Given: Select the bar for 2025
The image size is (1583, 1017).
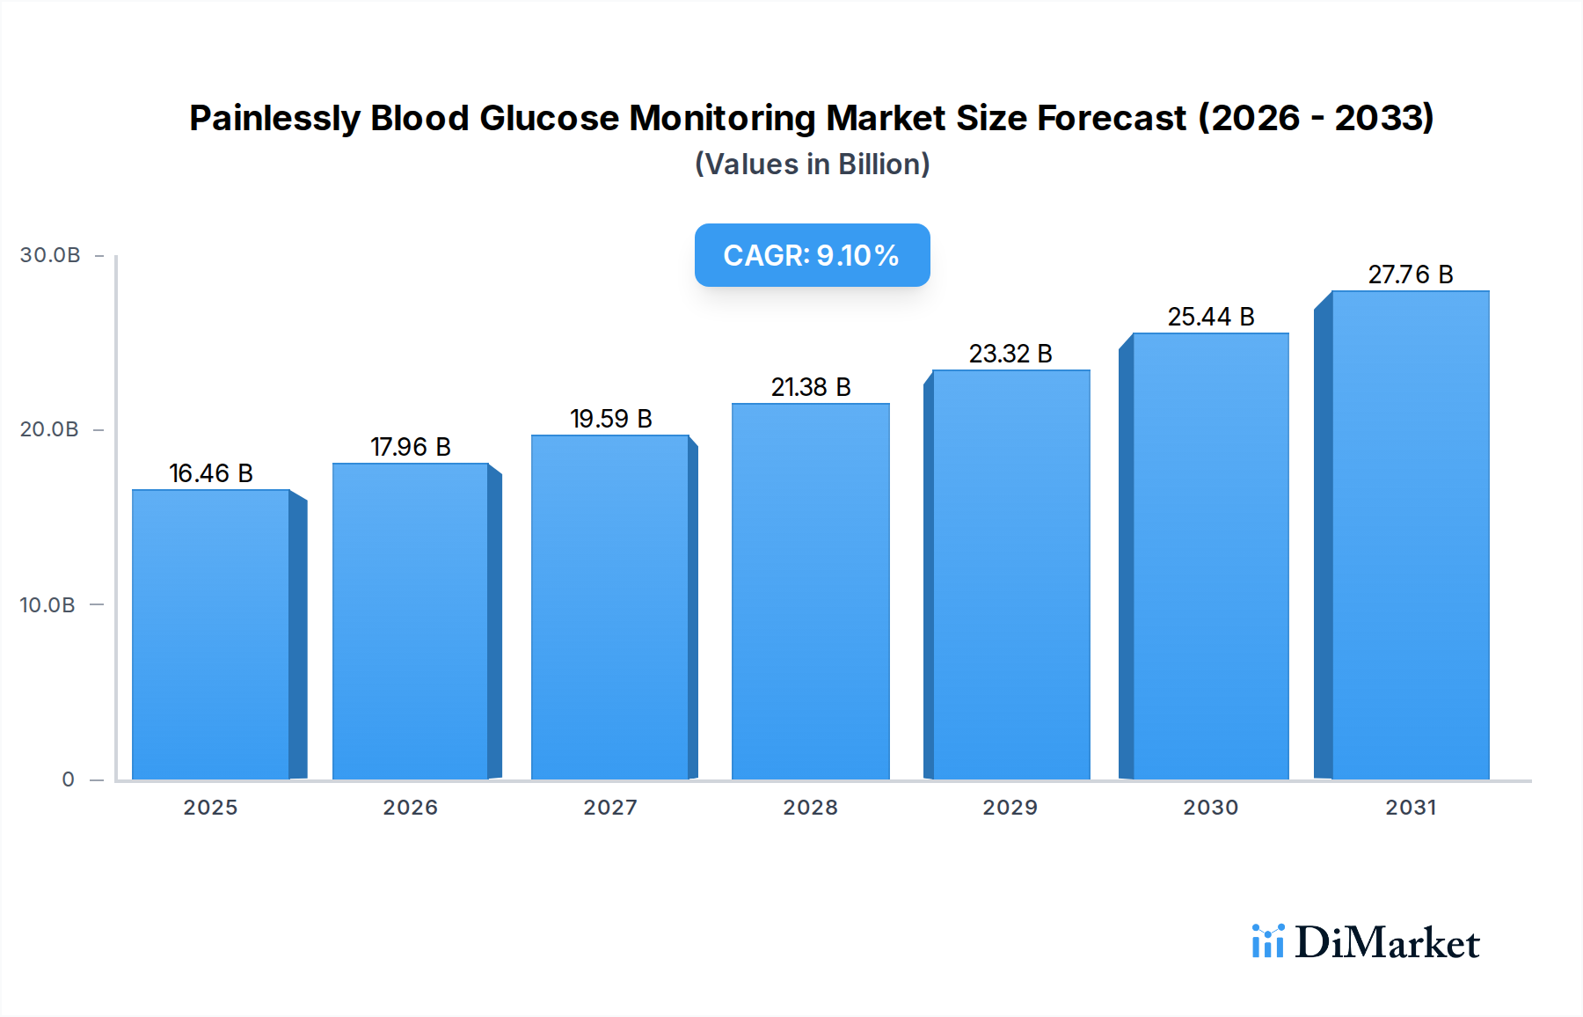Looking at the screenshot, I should tap(211, 633).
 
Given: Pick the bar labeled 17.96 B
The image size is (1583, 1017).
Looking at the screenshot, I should tap(410, 621).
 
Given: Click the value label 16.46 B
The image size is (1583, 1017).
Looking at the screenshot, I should tap(211, 473).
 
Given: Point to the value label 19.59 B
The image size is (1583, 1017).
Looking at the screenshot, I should tap(610, 419).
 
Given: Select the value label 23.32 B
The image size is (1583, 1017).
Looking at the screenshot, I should tap(1010, 354).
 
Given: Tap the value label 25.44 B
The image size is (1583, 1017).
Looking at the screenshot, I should tap(1210, 317).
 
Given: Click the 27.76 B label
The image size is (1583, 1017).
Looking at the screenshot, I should tap(1410, 274).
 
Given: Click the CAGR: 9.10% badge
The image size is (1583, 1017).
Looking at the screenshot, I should tap(812, 255).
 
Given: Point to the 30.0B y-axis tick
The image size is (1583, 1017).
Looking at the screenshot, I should tap(50, 255).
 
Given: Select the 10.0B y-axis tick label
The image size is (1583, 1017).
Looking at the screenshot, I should tap(47, 605).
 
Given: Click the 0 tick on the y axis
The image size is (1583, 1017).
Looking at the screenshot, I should tap(68, 779).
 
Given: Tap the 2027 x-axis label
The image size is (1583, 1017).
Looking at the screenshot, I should tap(610, 808).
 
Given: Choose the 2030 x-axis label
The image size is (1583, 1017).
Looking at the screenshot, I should tap(1210, 808).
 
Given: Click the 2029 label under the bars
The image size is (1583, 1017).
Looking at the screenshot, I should tap(1010, 808).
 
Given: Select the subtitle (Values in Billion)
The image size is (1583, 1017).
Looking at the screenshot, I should tap(812, 165).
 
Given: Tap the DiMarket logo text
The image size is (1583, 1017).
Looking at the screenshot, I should tap(1387, 943).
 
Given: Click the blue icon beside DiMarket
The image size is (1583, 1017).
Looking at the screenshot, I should tap(1267, 941).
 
